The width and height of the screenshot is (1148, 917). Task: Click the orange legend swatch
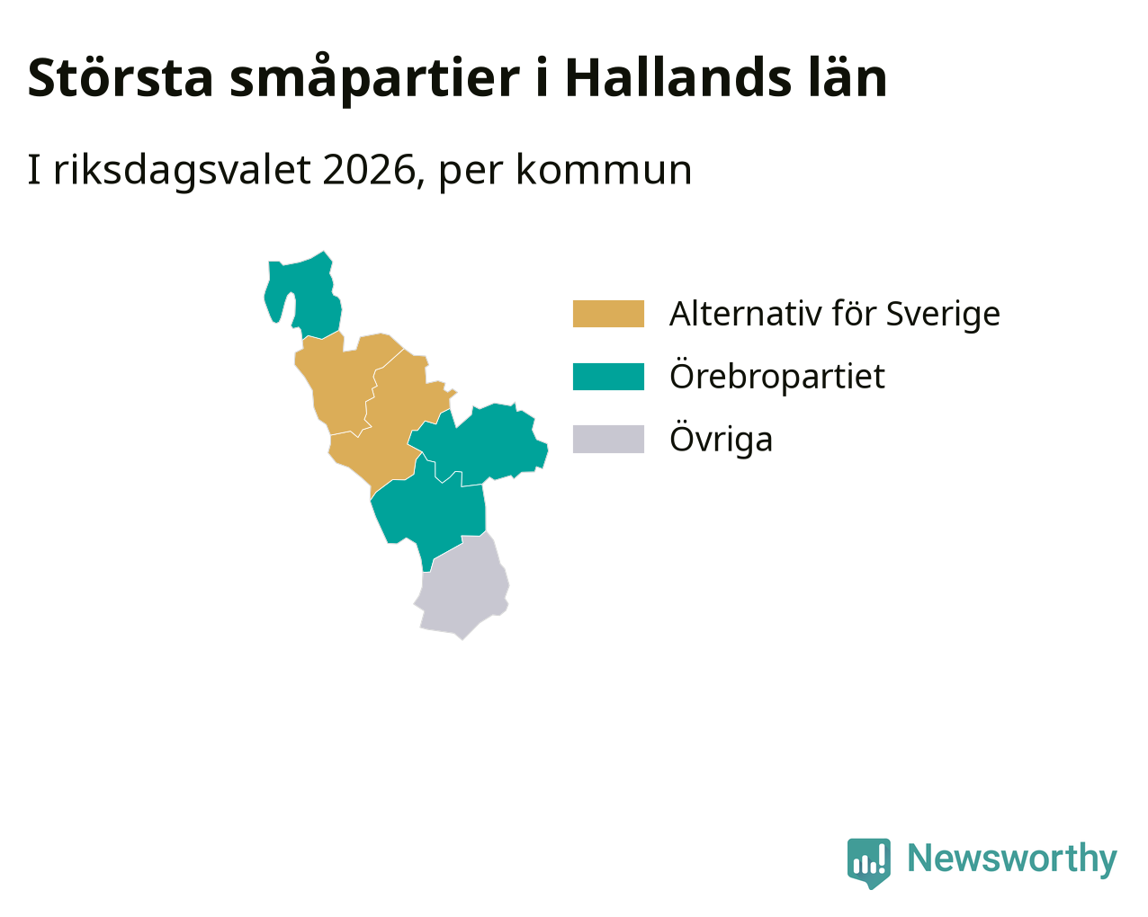608,314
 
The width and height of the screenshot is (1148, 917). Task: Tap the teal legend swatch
608,377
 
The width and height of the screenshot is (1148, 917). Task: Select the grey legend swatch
608,440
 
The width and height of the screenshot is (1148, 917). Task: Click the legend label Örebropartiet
777,377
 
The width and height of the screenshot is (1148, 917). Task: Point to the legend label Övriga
722,440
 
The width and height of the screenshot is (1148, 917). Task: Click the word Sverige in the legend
943,315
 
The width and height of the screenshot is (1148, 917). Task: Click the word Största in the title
121,77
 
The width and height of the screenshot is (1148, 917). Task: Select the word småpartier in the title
374,79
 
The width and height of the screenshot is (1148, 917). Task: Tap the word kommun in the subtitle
604,170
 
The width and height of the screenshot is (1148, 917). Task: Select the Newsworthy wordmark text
1012,859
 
